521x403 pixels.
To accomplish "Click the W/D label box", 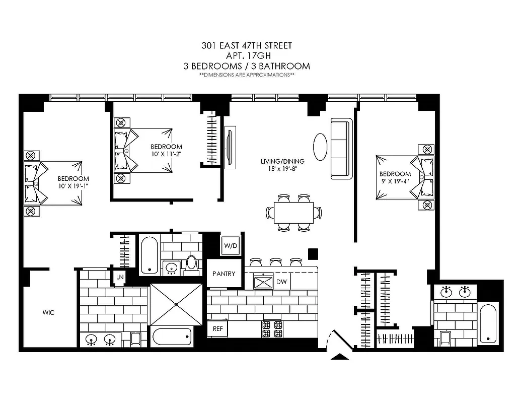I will click(x=231, y=246).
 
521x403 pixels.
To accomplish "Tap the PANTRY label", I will click(x=224, y=274).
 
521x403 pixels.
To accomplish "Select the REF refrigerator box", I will click(x=217, y=328).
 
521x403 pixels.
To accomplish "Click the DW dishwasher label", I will click(x=281, y=282).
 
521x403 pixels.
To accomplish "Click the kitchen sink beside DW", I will click(x=263, y=282).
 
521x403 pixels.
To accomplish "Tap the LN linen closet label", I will click(x=120, y=277).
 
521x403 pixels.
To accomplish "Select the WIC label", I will click(x=48, y=313).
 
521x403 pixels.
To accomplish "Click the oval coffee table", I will click(x=320, y=147).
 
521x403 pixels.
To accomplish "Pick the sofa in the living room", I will click(x=341, y=148).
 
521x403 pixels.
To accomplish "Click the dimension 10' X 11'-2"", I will click(x=166, y=154).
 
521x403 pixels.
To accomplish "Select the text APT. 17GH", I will click(x=246, y=55).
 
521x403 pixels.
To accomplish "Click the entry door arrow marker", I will click(x=341, y=356).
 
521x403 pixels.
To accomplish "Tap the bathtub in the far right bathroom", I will click(x=488, y=323).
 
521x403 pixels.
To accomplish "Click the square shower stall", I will click(x=176, y=304).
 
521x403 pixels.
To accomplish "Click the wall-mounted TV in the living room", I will click(x=230, y=147).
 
